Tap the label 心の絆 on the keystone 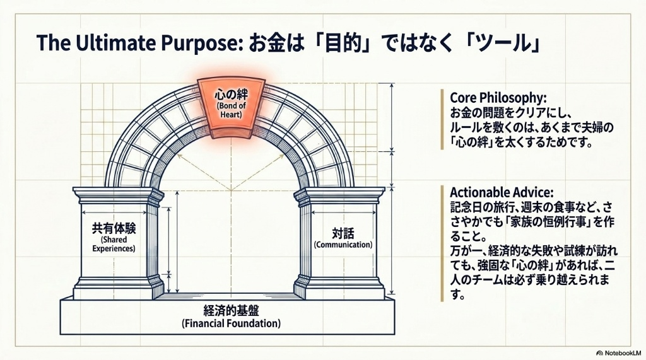coord(231,95)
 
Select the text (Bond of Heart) coord(231,110)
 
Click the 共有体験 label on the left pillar coord(114,228)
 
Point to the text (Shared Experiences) coord(114,244)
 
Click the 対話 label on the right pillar coord(343,233)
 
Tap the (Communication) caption coord(343,245)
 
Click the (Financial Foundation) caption coord(231,323)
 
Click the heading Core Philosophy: coord(498,98)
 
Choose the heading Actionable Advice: coord(502,192)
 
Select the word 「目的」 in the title coord(333,43)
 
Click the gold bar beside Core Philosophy coord(442,119)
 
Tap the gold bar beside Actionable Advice coord(442,243)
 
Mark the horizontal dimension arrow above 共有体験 coord(114,212)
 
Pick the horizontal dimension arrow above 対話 coord(344,212)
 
